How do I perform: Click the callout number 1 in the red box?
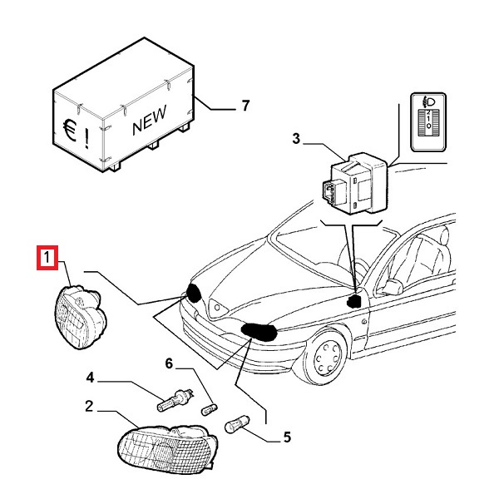(48, 259)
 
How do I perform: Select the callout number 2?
(89, 407)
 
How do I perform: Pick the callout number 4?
(91, 378)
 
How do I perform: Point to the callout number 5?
(288, 436)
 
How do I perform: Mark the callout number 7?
(245, 106)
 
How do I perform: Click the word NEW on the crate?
(149, 121)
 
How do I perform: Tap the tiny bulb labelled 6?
(211, 407)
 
